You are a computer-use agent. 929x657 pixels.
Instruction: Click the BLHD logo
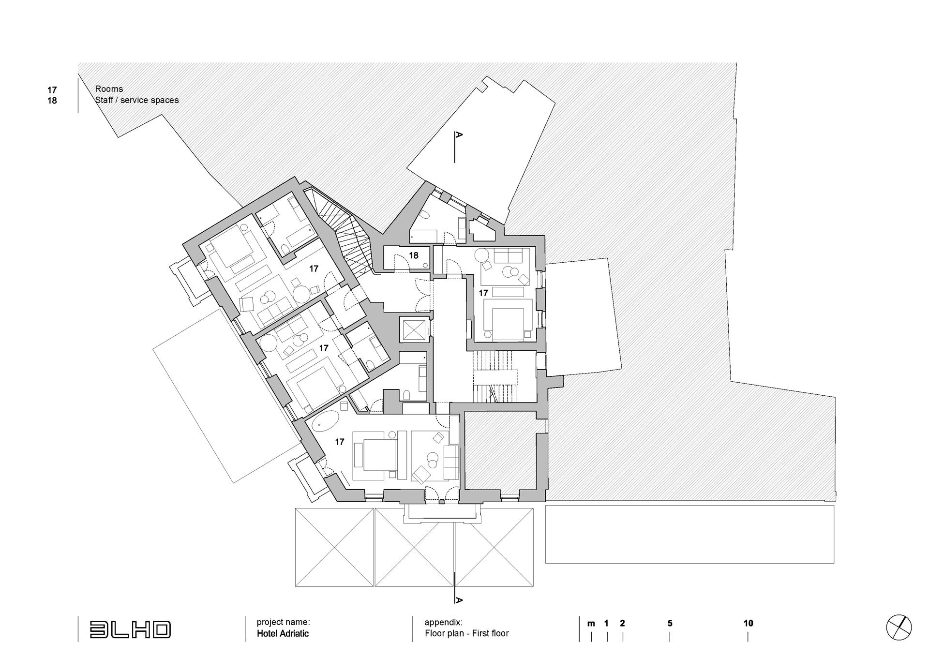pyautogui.click(x=130, y=629)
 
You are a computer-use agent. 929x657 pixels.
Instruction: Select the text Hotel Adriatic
pyautogui.click(x=283, y=633)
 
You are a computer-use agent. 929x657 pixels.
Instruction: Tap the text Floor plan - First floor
pyautogui.click(x=467, y=633)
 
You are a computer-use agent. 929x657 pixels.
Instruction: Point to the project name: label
pyautogui.click(x=283, y=622)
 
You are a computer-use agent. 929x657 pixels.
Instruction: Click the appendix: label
pyautogui.click(x=443, y=623)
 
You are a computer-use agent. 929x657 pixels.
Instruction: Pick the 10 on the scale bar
pyautogui.click(x=748, y=623)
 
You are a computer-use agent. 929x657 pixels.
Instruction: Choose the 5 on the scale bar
pyautogui.click(x=670, y=623)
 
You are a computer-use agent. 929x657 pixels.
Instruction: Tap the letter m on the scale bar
pyautogui.click(x=591, y=624)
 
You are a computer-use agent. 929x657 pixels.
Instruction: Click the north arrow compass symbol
pyautogui.click(x=899, y=627)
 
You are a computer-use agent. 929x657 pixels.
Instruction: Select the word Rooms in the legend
pyautogui.click(x=109, y=89)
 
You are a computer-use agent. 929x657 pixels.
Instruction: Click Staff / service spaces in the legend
pyautogui.click(x=137, y=100)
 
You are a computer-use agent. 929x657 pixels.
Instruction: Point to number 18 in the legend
pyautogui.click(x=52, y=101)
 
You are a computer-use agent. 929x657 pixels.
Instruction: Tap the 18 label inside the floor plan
pyautogui.click(x=413, y=255)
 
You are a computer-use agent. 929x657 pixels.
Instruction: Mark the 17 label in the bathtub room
pyautogui.click(x=339, y=442)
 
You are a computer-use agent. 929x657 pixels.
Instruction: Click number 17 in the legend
pyautogui.click(x=52, y=90)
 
